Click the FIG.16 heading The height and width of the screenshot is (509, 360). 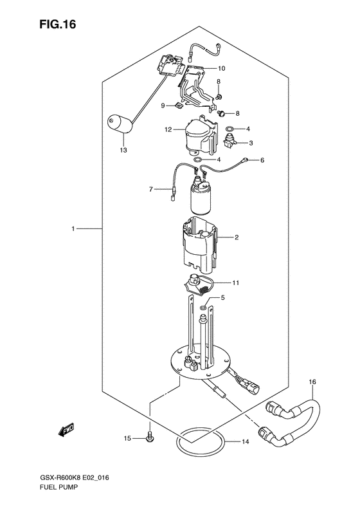58,24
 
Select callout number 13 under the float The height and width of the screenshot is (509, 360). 123,151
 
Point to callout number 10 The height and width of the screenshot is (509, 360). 221,68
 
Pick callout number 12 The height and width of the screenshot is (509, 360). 168,130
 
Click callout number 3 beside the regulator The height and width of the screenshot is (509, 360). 251,143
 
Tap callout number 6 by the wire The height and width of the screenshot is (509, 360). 262,160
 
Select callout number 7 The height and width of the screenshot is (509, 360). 151,189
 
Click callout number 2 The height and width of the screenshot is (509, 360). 237,237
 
